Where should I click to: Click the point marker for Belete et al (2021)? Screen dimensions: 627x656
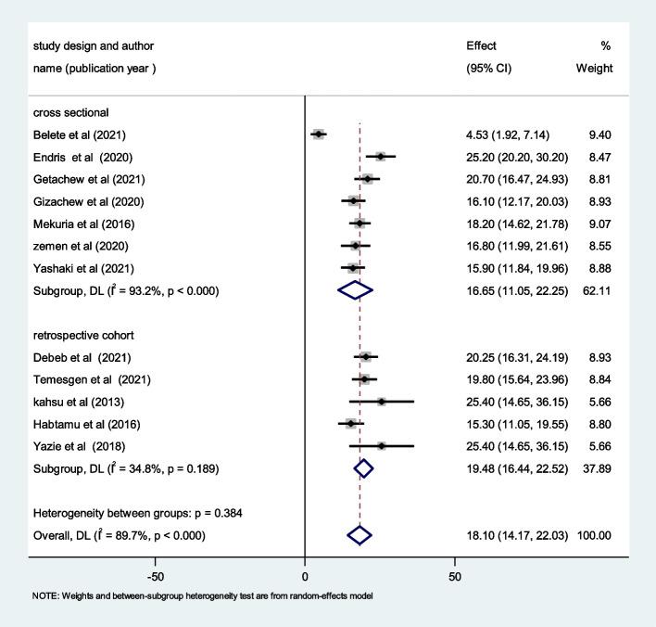[x=319, y=134]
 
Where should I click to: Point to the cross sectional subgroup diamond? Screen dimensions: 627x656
[x=355, y=290]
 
